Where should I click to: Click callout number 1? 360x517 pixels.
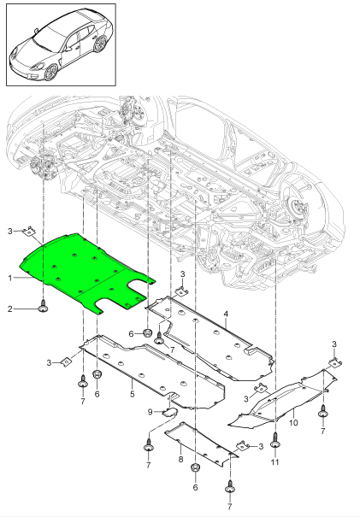(x=11, y=277)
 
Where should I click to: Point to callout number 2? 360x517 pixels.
(x=11, y=308)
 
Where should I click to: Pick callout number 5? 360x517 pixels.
(x=132, y=394)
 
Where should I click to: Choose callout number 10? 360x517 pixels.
(x=292, y=421)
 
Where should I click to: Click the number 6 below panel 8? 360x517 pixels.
(x=196, y=487)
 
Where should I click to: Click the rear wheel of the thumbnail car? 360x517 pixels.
(x=101, y=47)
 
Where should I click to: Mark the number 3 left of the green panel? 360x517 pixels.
(x=10, y=231)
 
